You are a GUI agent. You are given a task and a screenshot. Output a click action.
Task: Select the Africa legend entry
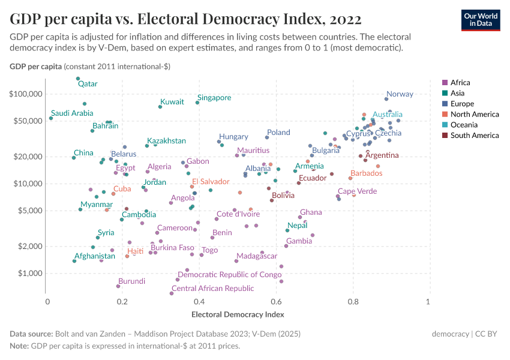460,83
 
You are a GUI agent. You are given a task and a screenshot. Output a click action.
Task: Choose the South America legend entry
475,136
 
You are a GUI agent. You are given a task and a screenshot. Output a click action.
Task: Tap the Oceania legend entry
464,125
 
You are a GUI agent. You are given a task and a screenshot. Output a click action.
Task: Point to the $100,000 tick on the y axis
26,94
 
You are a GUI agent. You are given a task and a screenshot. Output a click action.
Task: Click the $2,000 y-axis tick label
28,247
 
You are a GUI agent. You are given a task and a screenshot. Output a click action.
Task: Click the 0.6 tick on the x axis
276,301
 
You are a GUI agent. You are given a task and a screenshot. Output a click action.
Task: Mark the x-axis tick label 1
428,301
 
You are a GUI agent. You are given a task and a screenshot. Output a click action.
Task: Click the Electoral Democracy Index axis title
237,314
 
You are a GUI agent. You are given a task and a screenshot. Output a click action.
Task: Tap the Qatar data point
78,79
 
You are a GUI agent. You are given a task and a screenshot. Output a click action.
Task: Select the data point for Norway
386,99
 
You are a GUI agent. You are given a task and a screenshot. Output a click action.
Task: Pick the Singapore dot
197,103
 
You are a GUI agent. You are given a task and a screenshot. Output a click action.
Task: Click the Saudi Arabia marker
51,118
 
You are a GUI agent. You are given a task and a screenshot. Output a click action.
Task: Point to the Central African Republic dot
172,293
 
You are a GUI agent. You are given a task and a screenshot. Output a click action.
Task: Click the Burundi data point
118,286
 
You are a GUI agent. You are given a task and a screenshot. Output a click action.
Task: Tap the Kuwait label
172,102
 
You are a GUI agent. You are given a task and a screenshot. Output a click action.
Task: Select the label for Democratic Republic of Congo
229,275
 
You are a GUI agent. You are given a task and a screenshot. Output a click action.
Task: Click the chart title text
185,19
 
